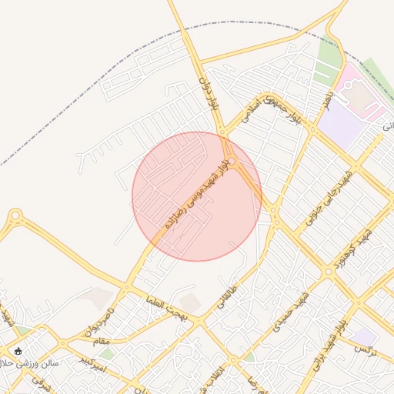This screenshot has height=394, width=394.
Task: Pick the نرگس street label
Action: point(362,349)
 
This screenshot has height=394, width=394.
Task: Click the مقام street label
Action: point(101,341)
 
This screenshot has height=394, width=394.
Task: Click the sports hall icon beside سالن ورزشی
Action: point(18,351)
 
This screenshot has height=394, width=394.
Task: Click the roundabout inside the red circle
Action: point(230,159)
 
